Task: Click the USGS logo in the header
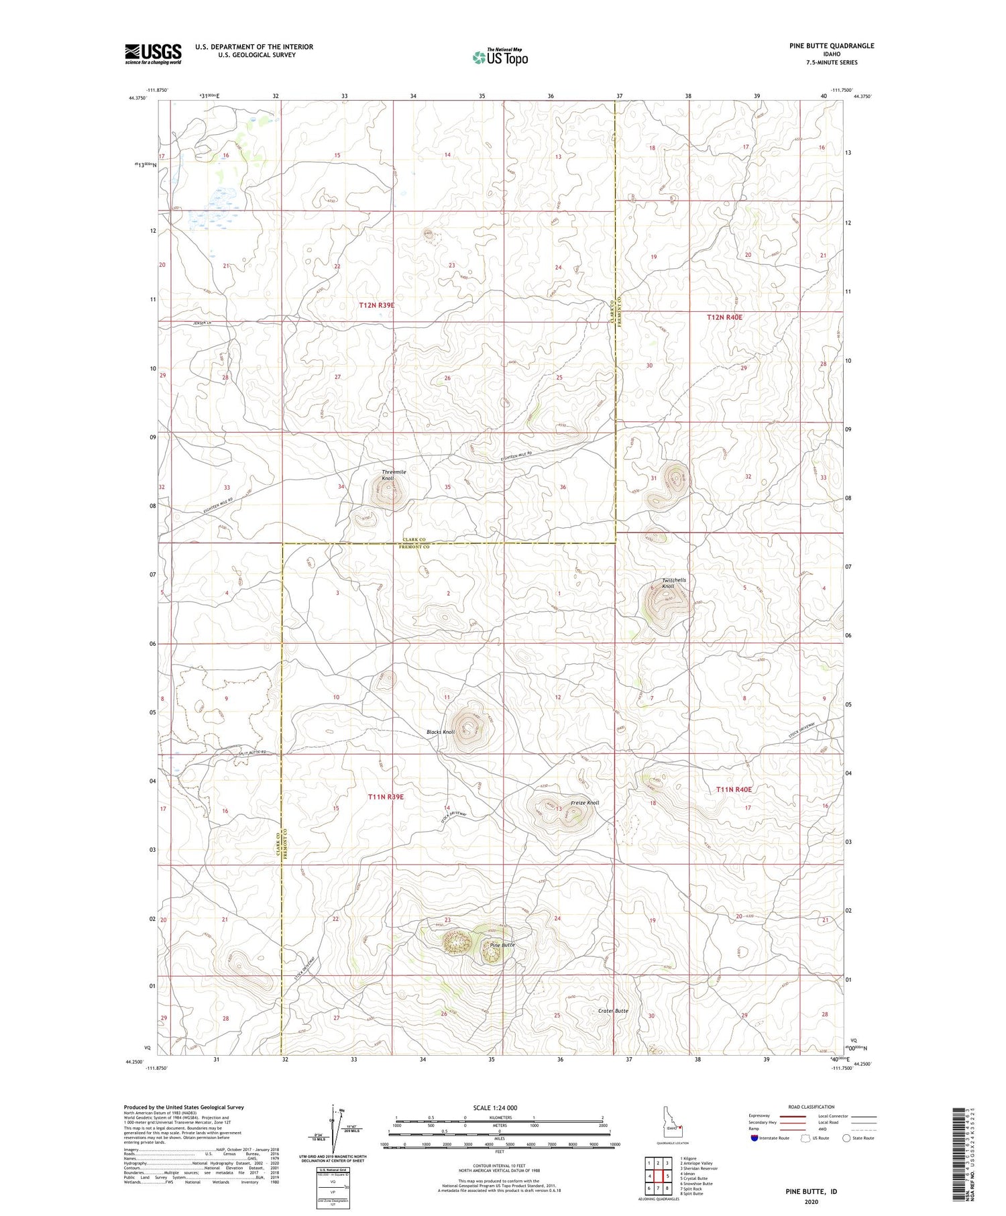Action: [153, 54]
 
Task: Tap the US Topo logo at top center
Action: [500, 58]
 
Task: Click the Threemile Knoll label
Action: [394, 475]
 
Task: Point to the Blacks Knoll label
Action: [441, 732]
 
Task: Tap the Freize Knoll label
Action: [584, 803]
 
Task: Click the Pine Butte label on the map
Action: [502, 944]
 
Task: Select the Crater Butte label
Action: [613, 1010]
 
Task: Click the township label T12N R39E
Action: [376, 305]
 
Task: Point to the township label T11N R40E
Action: [734, 789]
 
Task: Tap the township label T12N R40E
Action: [725, 317]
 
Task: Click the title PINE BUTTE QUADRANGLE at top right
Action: [831, 46]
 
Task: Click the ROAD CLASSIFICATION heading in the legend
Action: [812, 1107]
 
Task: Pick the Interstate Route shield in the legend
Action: [755, 1138]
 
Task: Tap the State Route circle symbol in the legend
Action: [846, 1138]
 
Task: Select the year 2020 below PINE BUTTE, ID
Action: [811, 1201]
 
